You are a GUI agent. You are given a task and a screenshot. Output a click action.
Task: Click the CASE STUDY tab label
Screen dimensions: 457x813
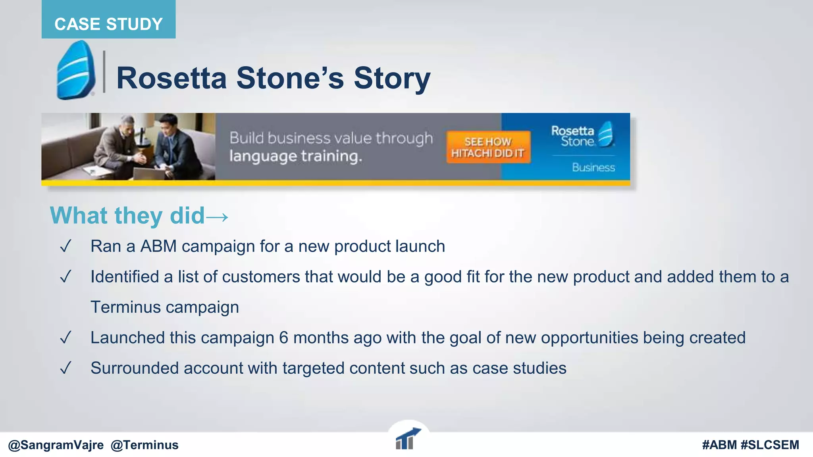click(108, 24)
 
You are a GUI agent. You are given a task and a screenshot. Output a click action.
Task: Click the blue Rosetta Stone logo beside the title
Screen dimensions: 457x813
click(75, 71)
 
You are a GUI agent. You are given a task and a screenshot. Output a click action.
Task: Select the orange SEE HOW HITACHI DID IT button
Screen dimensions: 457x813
click(488, 147)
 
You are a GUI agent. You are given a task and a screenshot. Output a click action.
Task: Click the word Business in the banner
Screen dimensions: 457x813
click(593, 167)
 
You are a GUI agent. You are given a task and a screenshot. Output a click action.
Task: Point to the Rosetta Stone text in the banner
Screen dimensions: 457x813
click(573, 136)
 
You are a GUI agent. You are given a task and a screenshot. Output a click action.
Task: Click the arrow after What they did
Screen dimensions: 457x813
click(218, 217)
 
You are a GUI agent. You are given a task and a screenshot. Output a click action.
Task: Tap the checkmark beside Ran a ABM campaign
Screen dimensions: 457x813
click(66, 246)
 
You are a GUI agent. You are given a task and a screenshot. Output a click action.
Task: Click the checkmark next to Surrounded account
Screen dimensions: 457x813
click(66, 368)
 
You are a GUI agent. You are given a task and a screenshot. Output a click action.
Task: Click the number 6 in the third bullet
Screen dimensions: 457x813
click(283, 338)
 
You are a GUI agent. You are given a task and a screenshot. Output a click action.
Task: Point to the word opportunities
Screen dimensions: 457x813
click(589, 338)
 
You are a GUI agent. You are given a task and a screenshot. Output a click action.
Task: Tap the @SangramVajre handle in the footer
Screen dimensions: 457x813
click(56, 445)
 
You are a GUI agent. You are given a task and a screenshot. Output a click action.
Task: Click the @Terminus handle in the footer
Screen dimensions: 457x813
click(144, 445)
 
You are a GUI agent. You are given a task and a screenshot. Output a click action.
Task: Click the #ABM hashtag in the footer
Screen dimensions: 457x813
click(719, 445)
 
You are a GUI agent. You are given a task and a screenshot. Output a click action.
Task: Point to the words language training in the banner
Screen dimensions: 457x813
click(296, 156)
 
